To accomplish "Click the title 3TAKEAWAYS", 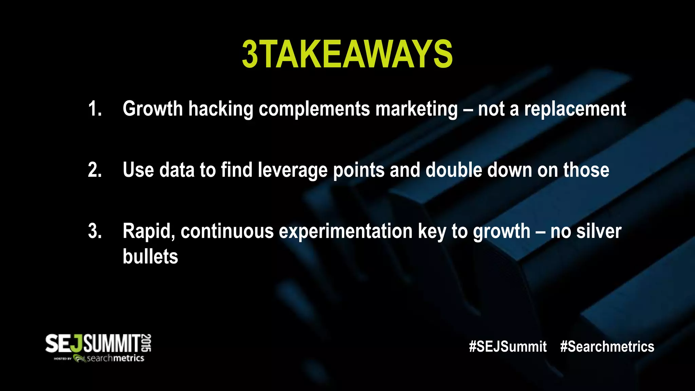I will click(347, 54).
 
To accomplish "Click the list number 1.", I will click(95, 109).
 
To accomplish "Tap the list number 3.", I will click(95, 231).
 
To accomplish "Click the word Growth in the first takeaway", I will click(153, 109).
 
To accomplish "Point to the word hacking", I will click(221, 109).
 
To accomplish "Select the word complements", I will click(314, 109).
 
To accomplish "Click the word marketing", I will click(416, 109).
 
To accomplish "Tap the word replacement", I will click(575, 109).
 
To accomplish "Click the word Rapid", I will click(149, 231).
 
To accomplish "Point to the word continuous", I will click(227, 231).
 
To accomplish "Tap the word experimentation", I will click(345, 231).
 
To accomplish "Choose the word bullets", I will click(150, 257).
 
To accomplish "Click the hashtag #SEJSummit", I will click(508, 347).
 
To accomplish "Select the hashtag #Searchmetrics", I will click(607, 347).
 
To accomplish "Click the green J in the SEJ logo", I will click(78, 343).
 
